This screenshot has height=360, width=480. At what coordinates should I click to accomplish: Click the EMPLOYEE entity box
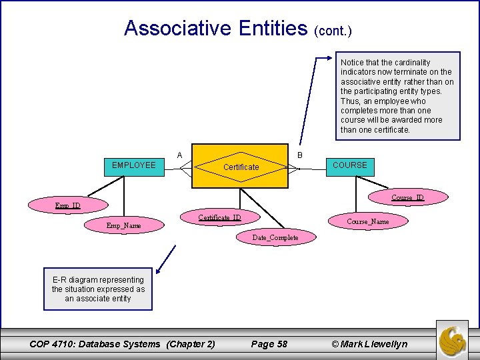pos(133,165)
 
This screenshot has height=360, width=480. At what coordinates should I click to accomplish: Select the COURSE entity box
pos(349,165)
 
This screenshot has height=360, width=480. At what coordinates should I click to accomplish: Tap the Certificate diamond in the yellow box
pos(241,167)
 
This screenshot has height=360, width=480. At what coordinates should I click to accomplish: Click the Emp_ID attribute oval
pos(67,205)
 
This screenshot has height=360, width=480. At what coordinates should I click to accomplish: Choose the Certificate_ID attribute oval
pos(219,218)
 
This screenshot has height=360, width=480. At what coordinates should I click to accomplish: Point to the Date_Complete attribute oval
pos(275,237)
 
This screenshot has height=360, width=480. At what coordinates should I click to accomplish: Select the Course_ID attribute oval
pos(407,197)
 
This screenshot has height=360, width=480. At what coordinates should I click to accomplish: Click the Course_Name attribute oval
pos(367,221)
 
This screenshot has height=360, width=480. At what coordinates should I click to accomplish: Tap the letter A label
pos(179,155)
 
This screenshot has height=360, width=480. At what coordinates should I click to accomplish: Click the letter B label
pos(299,155)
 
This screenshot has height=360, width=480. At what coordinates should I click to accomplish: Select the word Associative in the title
pos(173,28)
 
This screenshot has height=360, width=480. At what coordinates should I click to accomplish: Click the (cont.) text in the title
pos(331,31)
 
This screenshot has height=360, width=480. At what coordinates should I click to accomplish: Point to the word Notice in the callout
pos(353,63)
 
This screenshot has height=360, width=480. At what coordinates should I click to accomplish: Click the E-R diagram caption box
pos(98,289)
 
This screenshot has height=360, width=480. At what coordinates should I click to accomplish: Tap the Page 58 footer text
pos(269,344)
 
